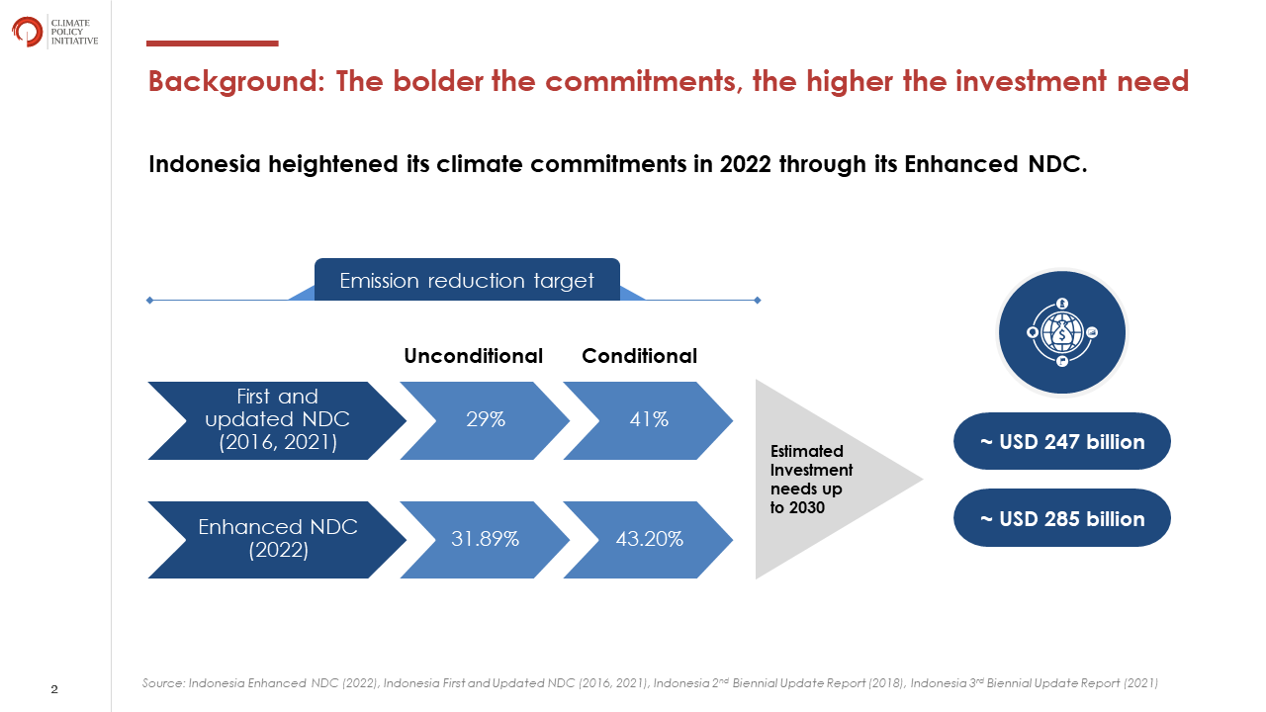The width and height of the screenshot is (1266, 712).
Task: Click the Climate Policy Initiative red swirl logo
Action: pos(27,32)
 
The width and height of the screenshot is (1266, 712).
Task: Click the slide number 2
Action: pos(54,689)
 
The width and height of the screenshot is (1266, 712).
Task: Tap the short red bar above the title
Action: pos(212,44)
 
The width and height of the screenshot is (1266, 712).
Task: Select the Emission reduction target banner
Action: pos(467,280)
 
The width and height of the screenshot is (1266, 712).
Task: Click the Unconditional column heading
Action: pos(473,356)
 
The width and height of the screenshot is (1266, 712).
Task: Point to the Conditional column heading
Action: pos(639,356)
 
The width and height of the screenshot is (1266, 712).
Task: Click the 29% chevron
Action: pos(485,420)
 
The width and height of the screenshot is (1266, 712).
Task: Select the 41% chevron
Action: pos(648,420)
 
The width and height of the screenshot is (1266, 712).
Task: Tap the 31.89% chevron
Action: pos(485,540)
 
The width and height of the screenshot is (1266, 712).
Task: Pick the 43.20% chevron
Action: pos(648,540)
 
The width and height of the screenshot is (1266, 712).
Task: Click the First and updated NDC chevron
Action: pos(277,420)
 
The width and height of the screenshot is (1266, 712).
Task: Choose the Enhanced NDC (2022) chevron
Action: pos(277,540)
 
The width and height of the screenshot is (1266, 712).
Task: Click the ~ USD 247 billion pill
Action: pos(1062,441)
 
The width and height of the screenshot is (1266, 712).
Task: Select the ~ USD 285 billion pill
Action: pos(1062,518)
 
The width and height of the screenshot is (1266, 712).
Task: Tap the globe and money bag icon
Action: pos(1062,332)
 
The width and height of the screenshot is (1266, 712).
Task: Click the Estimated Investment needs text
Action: pos(811,480)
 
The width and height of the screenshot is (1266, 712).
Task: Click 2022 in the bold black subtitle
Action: pos(746,164)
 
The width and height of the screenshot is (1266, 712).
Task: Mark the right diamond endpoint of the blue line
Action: pos(758,300)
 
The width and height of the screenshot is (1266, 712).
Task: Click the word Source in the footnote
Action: pos(163,683)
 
